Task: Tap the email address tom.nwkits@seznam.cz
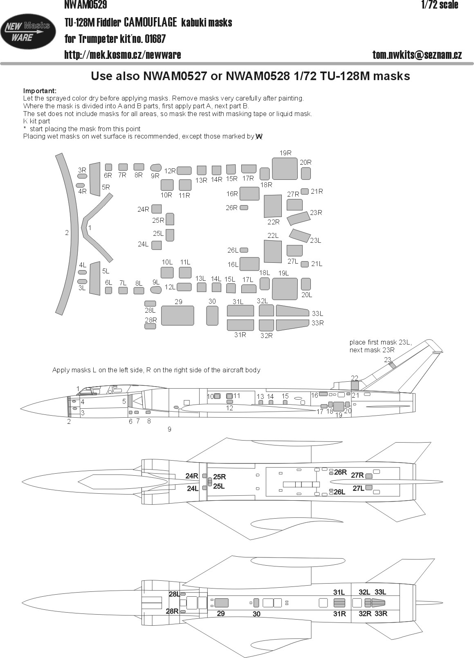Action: [x=417, y=55]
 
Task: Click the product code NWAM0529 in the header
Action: [x=85, y=4]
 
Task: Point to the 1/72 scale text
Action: [x=440, y=5]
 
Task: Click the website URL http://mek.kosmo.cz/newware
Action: [x=123, y=55]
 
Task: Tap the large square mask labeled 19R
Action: [x=285, y=169]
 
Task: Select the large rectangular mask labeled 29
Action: [x=177, y=316]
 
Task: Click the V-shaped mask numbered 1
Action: [x=97, y=228]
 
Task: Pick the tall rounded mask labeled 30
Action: [x=212, y=316]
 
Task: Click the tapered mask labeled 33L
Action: [x=292, y=311]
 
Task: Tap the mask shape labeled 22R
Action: [x=273, y=206]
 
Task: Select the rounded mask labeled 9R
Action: [x=156, y=168]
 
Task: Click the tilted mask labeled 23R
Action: [x=299, y=218]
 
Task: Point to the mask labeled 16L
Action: [x=249, y=264]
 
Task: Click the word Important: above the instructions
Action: [x=40, y=91]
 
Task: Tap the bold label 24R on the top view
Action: [x=191, y=476]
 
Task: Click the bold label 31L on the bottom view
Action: [x=339, y=592]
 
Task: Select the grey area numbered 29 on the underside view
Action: [x=221, y=603]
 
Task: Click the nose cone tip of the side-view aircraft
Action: [x=20, y=409]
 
